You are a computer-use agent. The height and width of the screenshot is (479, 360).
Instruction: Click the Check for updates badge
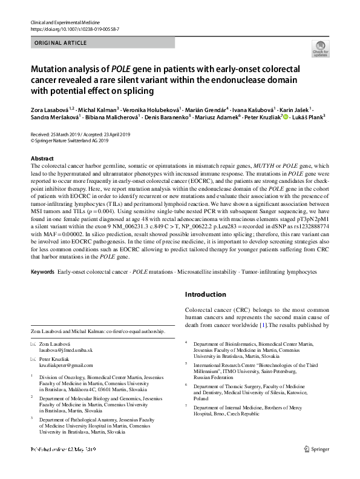coord(319,50)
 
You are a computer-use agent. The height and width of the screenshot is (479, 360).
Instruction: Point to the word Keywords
coord(42,273)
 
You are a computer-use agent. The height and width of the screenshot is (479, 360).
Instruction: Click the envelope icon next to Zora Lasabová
coord(33,344)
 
